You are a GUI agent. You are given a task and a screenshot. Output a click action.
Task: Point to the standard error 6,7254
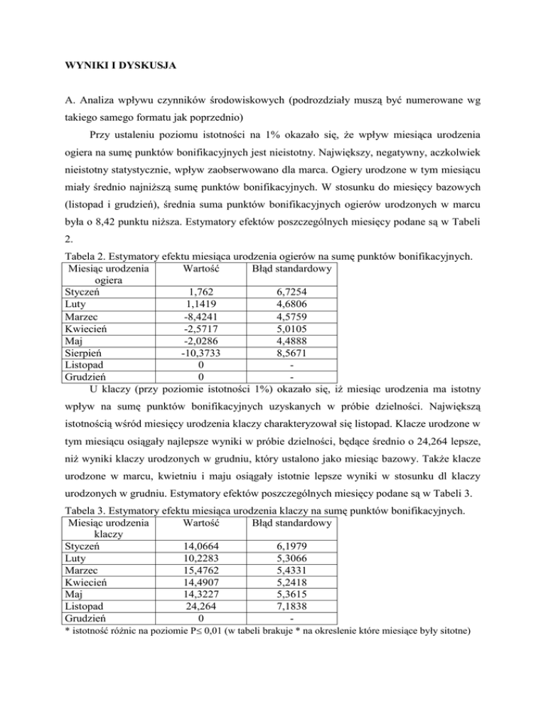click(289, 311)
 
